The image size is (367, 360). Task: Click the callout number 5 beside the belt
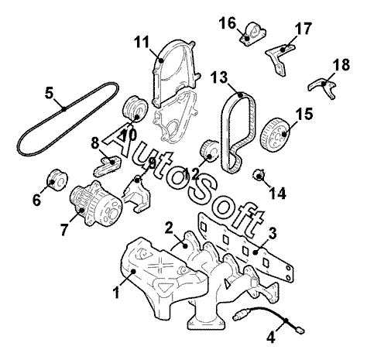point(49,93)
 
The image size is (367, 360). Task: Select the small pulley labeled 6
point(57,180)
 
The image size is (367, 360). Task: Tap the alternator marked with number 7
point(95,204)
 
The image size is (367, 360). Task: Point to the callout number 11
point(142,42)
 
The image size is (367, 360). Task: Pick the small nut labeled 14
point(259,175)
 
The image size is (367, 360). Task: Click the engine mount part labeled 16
point(252,34)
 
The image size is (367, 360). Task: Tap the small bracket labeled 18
point(323,87)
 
